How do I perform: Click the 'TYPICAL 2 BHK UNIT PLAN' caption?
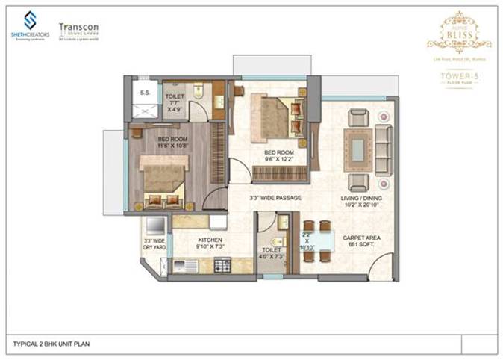coord(51,344)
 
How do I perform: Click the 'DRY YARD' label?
coord(154,243)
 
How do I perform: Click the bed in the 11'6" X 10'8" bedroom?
coord(162,183)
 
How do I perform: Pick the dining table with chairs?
coord(317,240)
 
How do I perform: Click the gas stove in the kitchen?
coord(222,264)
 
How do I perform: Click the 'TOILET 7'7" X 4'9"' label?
coord(175,102)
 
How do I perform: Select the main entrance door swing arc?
coord(382,267)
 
